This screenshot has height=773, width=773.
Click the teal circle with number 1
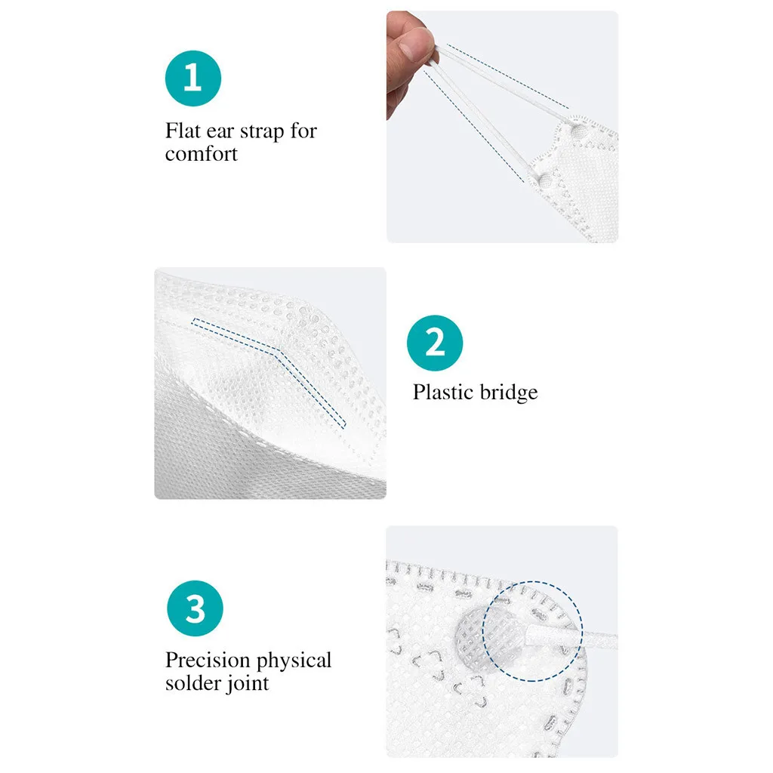point(192,79)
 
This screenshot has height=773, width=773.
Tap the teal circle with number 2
point(435,343)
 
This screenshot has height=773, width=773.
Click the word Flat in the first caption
point(182,131)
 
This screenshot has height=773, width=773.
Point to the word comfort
point(202,155)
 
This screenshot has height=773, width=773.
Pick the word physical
point(294,662)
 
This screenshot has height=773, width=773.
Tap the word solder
point(190,684)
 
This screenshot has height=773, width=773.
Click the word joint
point(247,685)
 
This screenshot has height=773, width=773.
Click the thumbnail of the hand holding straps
point(502,126)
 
